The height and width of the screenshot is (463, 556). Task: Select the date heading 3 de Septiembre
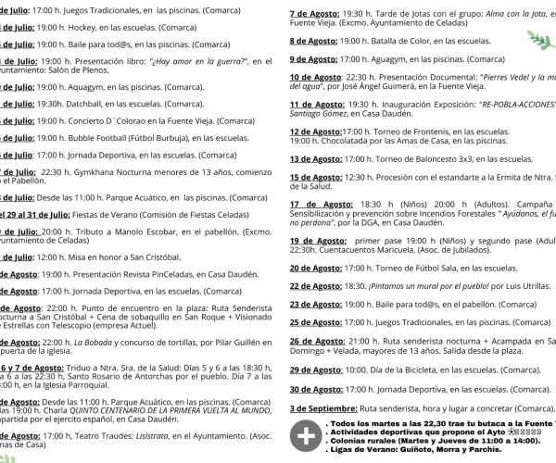[322, 408]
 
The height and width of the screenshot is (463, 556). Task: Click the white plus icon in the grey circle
[302, 435]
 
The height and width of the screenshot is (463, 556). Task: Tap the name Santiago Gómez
[321, 112]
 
